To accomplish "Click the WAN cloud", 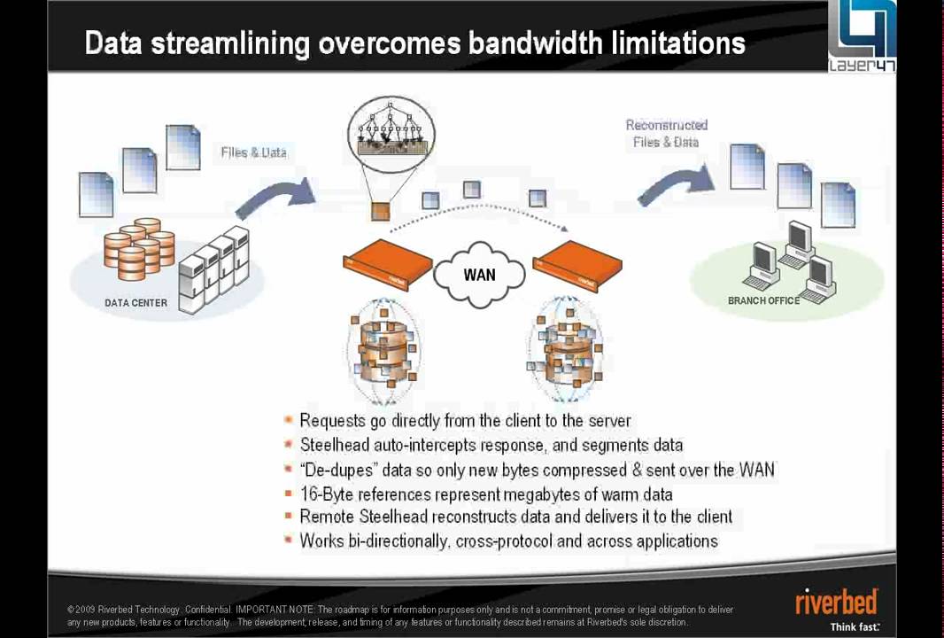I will (x=479, y=274).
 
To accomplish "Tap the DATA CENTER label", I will (x=135, y=303).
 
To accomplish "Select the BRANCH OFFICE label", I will (x=763, y=300).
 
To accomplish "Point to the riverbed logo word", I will (x=836, y=601).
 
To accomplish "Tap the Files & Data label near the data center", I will (x=253, y=152).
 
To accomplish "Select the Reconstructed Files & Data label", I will (x=666, y=133).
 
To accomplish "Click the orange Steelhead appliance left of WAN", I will (x=387, y=264).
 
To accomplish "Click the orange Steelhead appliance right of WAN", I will (x=577, y=264).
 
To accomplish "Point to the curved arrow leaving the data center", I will (x=275, y=198).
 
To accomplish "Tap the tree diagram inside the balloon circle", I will (x=391, y=128).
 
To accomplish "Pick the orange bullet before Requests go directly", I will (x=289, y=421).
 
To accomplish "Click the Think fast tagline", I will (x=854, y=626).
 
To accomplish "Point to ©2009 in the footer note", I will (x=81, y=610).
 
